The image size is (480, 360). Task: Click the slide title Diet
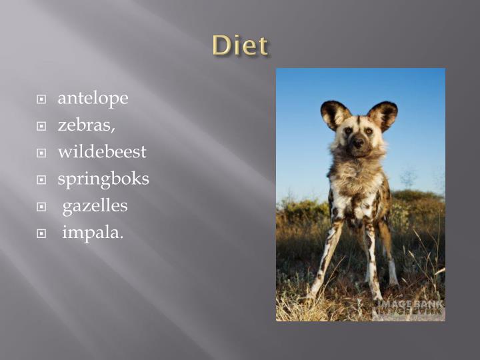(x=240, y=46)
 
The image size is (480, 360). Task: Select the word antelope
(x=93, y=99)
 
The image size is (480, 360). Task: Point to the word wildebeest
(x=102, y=152)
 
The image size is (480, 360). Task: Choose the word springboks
(x=103, y=179)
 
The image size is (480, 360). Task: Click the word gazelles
(x=95, y=206)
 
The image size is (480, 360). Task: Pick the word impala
(x=93, y=233)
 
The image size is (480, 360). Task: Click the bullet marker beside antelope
(x=41, y=99)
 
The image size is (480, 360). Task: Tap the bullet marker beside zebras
(x=41, y=126)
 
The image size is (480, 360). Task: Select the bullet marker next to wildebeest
(x=41, y=153)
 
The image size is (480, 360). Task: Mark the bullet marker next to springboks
(x=41, y=180)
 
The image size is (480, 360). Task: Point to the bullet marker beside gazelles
(x=41, y=207)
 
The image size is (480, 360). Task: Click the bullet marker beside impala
(x=41, y=233)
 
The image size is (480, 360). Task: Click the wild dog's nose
(x=358, y=142)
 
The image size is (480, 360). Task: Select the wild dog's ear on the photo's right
(x=383, y=115)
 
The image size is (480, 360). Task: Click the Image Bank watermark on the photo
(x=409, y=306)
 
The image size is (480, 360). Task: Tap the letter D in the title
(x=221, y=46)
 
